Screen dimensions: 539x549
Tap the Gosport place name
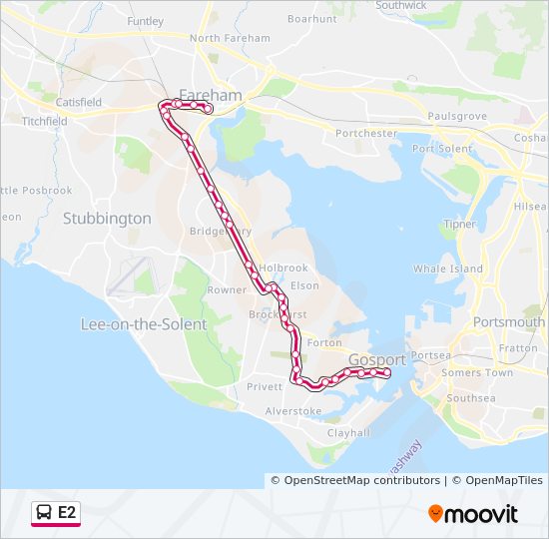click(377, 359)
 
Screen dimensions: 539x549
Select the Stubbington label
click(107, 218)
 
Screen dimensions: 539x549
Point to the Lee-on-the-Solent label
click(144, 324)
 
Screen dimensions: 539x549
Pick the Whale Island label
click(447, 269)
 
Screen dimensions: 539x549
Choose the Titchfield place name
click(43, 121)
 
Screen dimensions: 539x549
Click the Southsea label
click(471, 398)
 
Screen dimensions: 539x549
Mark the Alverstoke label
click(293, 411)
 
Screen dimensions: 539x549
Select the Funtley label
click(145, 21)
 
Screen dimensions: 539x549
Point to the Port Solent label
click(442, 149)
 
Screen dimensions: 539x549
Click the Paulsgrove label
click(457, 117)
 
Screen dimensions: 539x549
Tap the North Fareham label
click(230, 38)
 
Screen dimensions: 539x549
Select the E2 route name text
click(67, 513)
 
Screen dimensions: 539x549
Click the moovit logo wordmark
click(481, 514)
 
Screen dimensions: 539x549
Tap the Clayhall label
click(348, 432)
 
